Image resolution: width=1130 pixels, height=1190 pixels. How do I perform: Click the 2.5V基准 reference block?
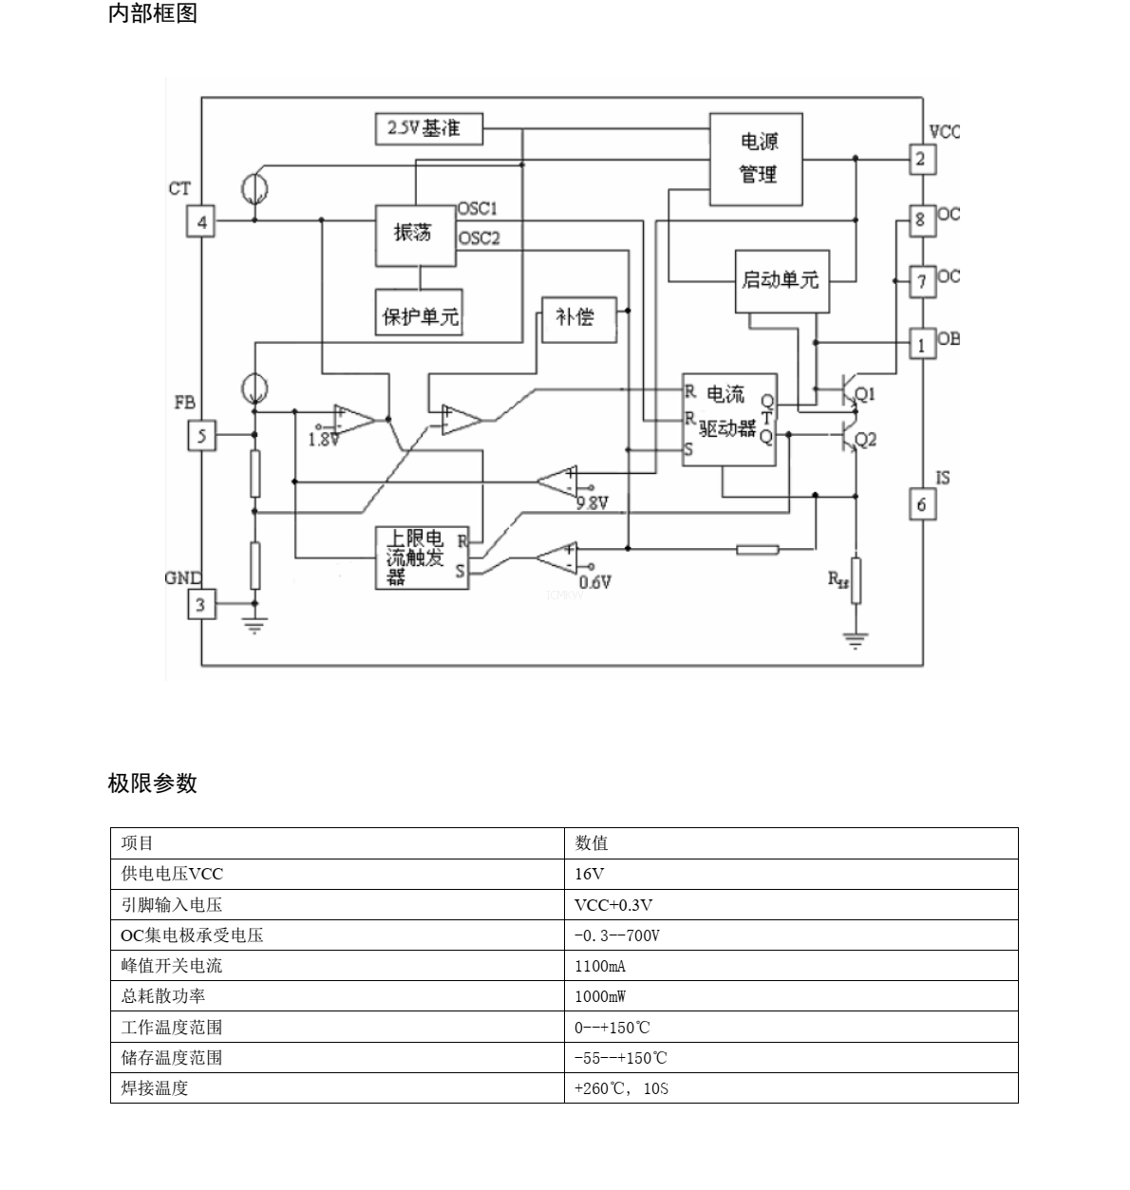[x=428, y=128]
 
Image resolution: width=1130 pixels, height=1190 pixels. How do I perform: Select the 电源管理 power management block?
[x=757, y=159]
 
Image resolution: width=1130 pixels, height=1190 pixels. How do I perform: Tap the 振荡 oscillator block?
[x=415, y=235]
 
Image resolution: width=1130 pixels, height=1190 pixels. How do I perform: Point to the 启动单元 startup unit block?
[x=781, y=280]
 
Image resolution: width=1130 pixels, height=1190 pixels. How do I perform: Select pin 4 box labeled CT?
[x=200, y=223]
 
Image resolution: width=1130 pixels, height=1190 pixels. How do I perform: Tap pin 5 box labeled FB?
[x=200, y=437]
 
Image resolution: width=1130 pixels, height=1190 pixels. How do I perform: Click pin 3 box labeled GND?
[x=200, y=603]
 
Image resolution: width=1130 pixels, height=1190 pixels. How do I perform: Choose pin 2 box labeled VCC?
[x=920, y=160]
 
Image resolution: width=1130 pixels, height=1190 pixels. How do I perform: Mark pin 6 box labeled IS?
[x=920, y=504]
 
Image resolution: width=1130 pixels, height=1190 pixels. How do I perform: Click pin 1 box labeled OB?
[x=920, y=345]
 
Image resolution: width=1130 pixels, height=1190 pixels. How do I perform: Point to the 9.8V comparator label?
[x=592, y=503]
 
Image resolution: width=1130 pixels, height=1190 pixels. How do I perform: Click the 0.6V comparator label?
[x=594, y=582]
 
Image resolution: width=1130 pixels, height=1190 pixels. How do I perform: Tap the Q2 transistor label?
[x=865, y=440]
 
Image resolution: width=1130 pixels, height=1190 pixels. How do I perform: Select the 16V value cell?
[x=589, y=874]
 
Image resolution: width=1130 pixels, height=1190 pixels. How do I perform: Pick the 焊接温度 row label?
[x=155, y=1088]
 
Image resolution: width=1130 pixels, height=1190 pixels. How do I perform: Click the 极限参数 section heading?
[x=153, y=784]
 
